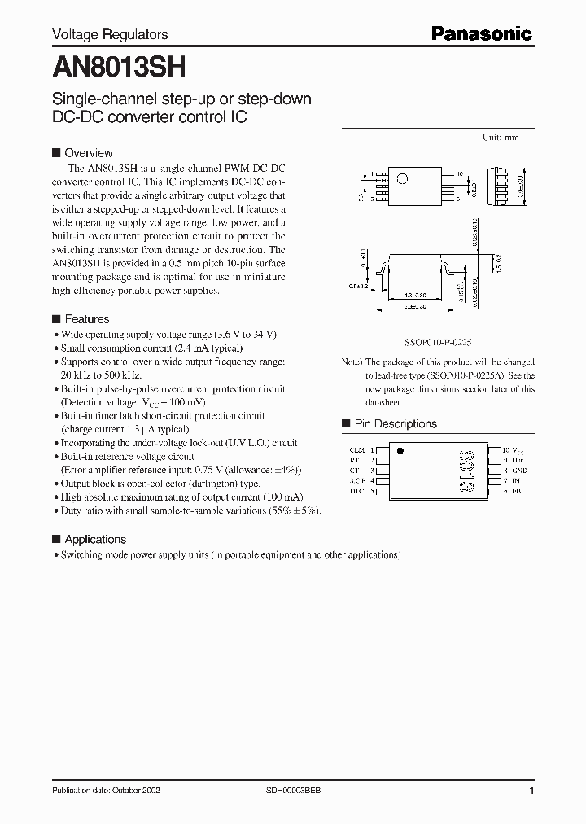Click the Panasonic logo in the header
pos(482,33)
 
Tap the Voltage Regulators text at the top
pos(110,34)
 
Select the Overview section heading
pos(88,153)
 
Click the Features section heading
pos(86,319)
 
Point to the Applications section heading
pos(95,539)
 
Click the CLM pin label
pos(356,449)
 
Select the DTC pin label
pos(356,491)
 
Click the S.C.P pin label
pos(356,480)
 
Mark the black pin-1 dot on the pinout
pos(399,449)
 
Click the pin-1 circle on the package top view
pos(401,178)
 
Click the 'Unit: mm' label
pos(501,138)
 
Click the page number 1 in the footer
pos(531,791)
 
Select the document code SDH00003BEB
pos(294,791)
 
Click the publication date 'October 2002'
pos(133,791)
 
